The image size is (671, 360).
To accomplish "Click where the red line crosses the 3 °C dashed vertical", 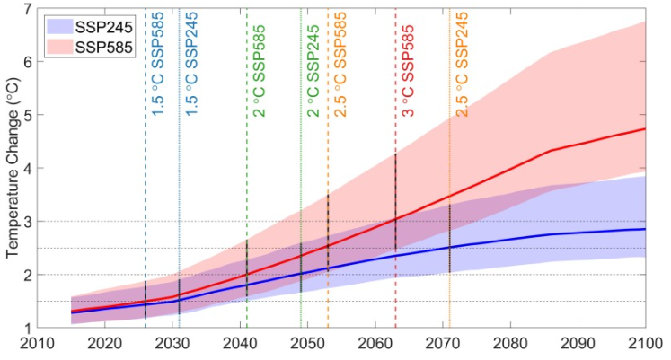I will pos(395,219).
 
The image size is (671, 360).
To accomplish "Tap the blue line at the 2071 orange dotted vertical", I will pos(449,248).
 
